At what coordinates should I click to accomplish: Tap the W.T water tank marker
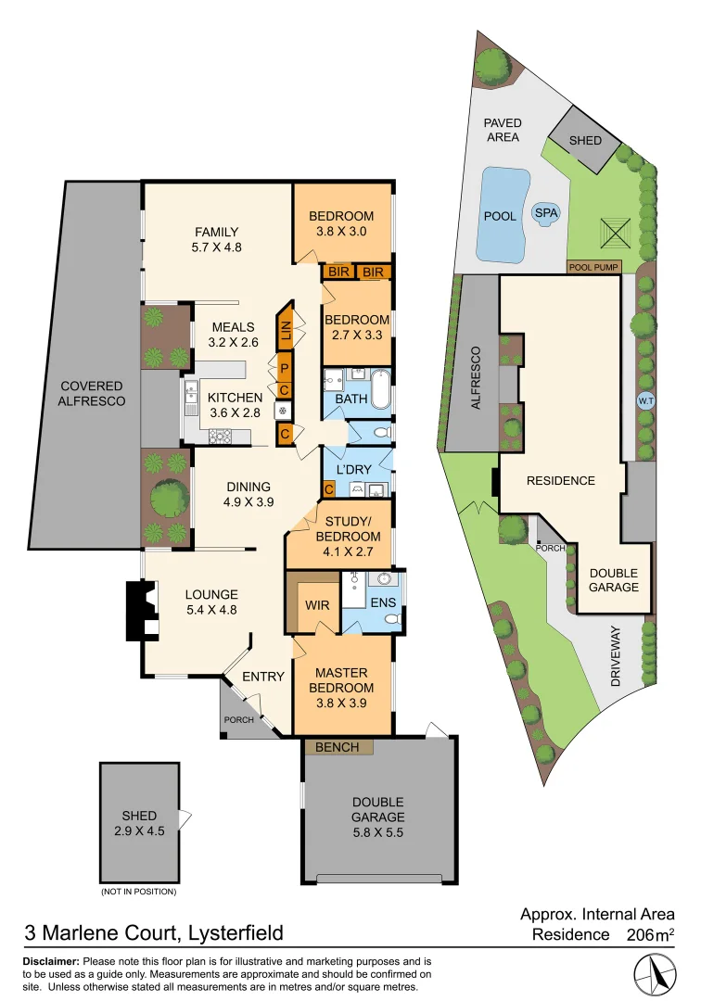coord(645,401)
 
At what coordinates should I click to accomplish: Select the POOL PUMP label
coord(594,266)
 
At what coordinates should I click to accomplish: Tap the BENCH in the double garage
coord(338,746)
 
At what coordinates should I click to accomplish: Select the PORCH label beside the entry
coord(237,720)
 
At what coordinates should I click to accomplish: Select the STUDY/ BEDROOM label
coord(348,529)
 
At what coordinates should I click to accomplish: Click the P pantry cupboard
coord(285,367)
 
